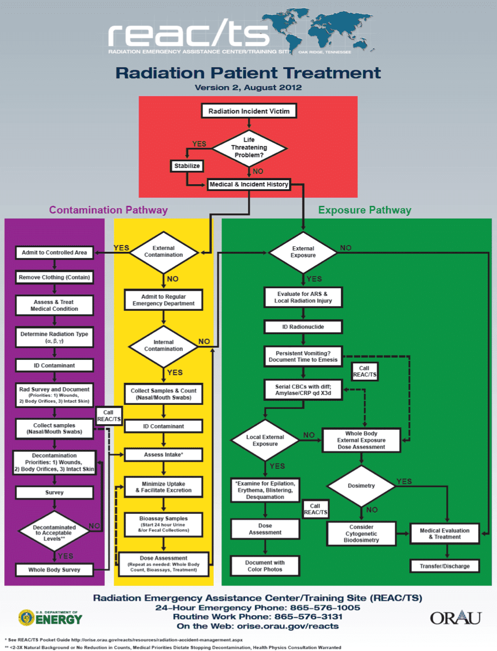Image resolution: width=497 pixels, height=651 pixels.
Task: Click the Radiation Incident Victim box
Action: [x=249, y=111]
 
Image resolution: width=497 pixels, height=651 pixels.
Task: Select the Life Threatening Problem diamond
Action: [x=249, y=147]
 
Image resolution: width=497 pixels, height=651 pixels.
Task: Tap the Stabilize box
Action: [x=187, y=166]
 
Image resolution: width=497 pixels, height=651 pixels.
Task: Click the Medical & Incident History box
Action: [x=249, y=184]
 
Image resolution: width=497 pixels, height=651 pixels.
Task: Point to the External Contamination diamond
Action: [x=163, y=252]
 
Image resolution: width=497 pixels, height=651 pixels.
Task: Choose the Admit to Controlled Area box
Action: [x=54, y=252]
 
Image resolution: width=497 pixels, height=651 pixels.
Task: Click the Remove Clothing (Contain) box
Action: [x=54, y=277]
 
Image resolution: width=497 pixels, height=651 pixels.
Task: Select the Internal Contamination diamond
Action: [x=163, y=346]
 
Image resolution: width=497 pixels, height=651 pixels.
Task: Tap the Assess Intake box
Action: [x=163, y=454]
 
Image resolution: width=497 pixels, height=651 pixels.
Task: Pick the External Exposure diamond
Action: [x=303, y=252]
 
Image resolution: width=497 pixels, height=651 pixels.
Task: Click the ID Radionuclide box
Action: [x=303, y=327]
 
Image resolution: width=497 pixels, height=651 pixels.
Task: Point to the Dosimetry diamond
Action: [x=361, y=486]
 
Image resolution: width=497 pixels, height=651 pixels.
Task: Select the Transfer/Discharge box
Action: [x=445, y=566]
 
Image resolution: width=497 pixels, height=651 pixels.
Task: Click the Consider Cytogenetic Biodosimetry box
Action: [x=361, y=533]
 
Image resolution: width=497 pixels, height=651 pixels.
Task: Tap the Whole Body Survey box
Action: [x=54, y=570]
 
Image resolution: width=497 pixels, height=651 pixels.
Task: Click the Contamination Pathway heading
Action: [x=108, y=210]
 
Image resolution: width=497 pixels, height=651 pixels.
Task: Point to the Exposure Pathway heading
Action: [x=364, y=210]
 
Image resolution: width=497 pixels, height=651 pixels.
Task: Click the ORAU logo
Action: [x=455, y=618]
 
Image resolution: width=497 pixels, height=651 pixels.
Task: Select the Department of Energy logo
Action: [x=50, y=618]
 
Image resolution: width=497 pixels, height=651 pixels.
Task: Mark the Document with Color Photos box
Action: [x=265, y=566]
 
